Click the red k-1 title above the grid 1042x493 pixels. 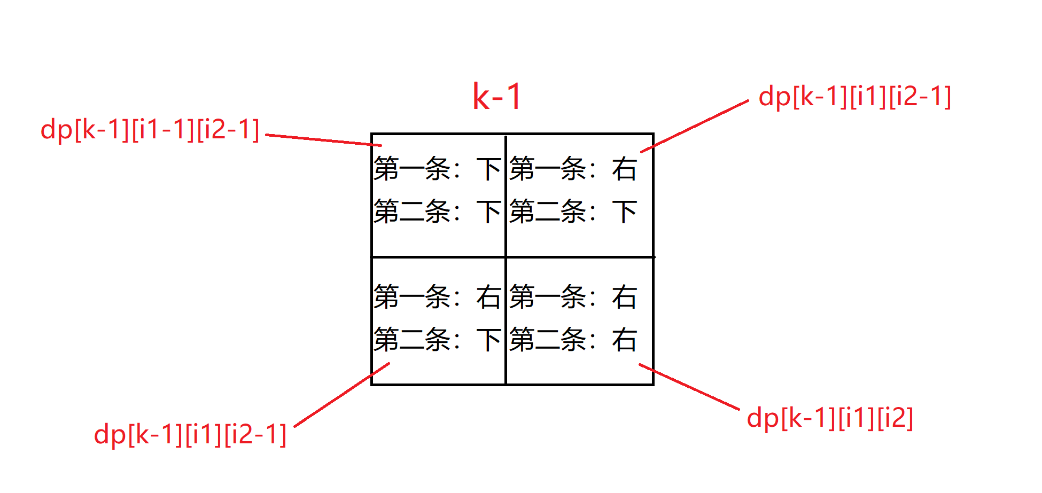click(497, 97)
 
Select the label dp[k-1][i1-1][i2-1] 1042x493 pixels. click(150, 130)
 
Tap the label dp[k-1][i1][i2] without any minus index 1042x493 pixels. click(830, 418)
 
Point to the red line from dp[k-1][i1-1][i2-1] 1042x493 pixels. click(323, 140)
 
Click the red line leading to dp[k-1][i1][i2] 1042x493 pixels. click(689, 387)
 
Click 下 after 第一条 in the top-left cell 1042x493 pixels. click(488, 169)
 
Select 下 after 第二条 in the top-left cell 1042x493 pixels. click(488, 212)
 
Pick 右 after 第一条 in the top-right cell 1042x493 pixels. click(624, 169)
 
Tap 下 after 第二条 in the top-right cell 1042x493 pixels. click(624, 212)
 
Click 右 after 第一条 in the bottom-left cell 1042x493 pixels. click(488, 297)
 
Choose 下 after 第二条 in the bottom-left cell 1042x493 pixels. click(488, 340)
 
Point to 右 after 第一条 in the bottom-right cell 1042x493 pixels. click(624, 297)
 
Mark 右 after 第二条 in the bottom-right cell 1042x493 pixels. click(624, 340)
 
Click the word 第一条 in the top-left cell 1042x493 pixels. click(412, 169)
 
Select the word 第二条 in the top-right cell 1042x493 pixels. click(548, 212)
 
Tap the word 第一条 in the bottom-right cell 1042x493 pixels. click(548, 297)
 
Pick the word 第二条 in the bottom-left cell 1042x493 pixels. click(412, 340)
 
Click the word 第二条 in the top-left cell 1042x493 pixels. click(412, 212)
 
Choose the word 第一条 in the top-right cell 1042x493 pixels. click(548, 169)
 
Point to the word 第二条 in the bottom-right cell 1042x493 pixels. click(548, 340)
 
